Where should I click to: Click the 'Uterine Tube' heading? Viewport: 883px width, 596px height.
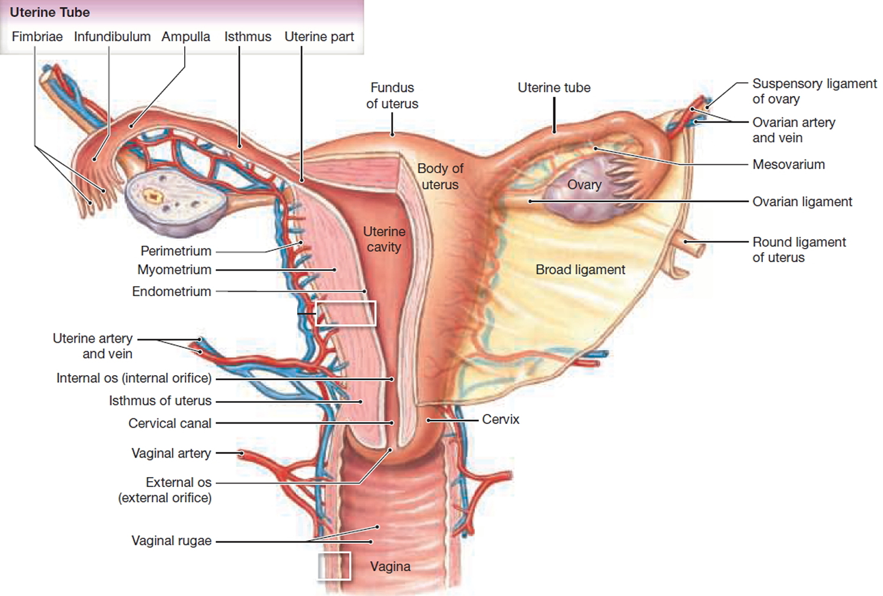coord(50,12)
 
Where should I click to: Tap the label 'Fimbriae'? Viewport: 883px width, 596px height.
coord(37,37)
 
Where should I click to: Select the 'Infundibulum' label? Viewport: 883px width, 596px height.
coord(112,37)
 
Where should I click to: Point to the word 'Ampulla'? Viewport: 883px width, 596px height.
coord(185,37)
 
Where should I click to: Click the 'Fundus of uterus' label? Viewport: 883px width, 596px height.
coord(392,95)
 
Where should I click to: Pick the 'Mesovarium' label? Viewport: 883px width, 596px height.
coord(788,164)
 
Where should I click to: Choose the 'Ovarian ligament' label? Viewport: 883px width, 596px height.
coord(802,201)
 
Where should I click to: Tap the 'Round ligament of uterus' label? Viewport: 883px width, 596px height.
coord(799,250)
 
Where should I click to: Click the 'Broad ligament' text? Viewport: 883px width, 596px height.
coord(580,269)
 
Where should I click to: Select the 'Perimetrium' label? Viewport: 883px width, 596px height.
coord(175,251)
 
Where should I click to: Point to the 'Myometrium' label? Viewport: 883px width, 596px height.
coord(174,270)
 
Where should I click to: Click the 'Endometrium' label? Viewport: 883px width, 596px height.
coord(171,292)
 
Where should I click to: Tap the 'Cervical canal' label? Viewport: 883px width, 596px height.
coord(170,423)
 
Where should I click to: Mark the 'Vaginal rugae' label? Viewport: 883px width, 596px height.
coord(171,541)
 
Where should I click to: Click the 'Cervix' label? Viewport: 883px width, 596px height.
coord(500,419)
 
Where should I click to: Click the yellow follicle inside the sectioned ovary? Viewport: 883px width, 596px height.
coord(154,196)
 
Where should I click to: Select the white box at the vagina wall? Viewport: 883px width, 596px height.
coord(334,566)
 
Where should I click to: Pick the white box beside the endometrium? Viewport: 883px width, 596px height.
coord(346,313)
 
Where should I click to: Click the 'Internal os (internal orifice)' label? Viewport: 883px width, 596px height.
coord(134,378)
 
